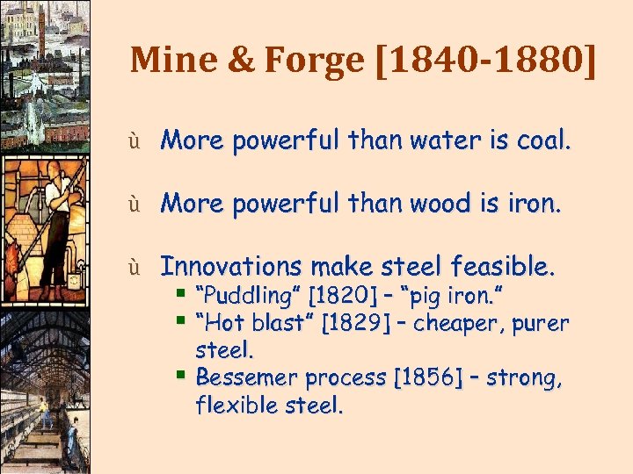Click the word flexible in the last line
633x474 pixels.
[237, 406]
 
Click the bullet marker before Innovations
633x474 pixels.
[135, 266]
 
